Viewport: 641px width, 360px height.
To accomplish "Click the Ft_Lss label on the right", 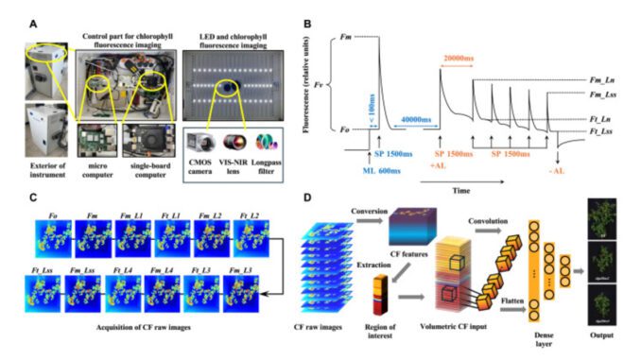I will pyautogui.click(x=592, y=132).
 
